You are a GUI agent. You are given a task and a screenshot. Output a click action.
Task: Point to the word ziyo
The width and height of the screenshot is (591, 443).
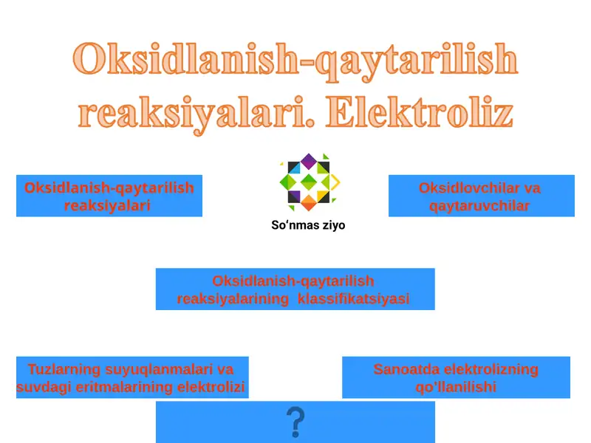[x=329, y=225]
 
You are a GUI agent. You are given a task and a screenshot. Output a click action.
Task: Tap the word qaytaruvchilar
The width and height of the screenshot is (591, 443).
[x=479, y=206]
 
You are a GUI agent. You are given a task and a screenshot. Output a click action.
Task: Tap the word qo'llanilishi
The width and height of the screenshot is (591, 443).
[x=456, y=387]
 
